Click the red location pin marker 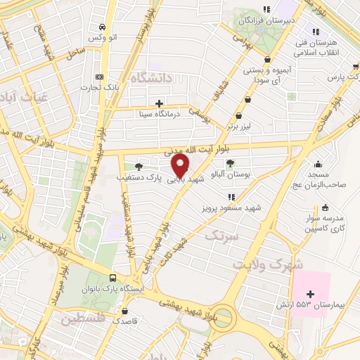[x=181, y=165]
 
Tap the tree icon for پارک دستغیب [x=138, y=167]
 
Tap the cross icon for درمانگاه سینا [x=160, y=103]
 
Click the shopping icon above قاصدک [x=125, y=311]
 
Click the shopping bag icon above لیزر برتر [x=240, y=115]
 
